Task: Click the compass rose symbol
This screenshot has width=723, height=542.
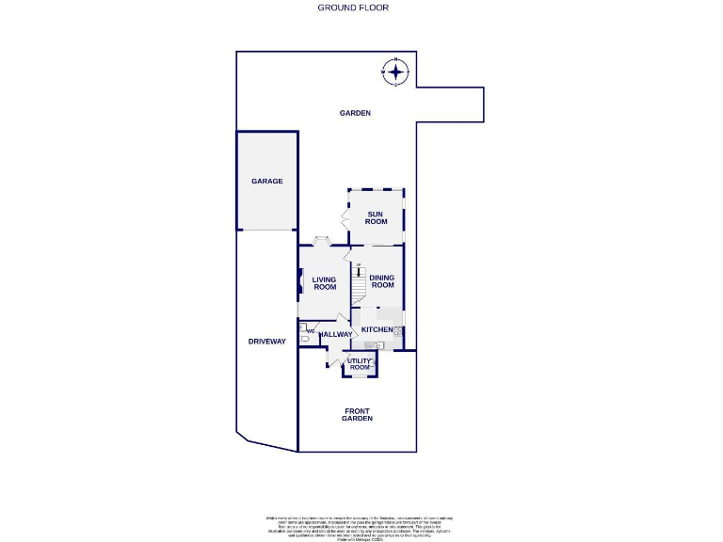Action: [395, 72]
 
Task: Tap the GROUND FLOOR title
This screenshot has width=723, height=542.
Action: [353, 8]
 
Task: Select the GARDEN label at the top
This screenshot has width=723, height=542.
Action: [355, 113]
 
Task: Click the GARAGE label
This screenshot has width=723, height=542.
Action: [266, 181]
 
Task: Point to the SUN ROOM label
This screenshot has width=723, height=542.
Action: [376, 217]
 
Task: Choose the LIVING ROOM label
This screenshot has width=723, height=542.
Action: [325, 283]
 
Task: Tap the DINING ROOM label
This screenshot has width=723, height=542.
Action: [381, 281]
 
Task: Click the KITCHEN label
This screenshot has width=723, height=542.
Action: [377, 329]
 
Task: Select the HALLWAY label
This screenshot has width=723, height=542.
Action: [336, 334]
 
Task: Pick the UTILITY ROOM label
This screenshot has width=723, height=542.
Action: [360, 363]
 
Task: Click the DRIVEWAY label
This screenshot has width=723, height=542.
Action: [266, 342]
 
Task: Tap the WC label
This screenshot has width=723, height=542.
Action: [310, 331]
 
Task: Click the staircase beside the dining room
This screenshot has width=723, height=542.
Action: [358, 286]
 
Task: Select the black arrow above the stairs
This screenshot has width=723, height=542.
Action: [358, 269]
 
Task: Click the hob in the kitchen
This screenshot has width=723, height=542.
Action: [399, 331]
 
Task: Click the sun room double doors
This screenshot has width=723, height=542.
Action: [345, 218]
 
